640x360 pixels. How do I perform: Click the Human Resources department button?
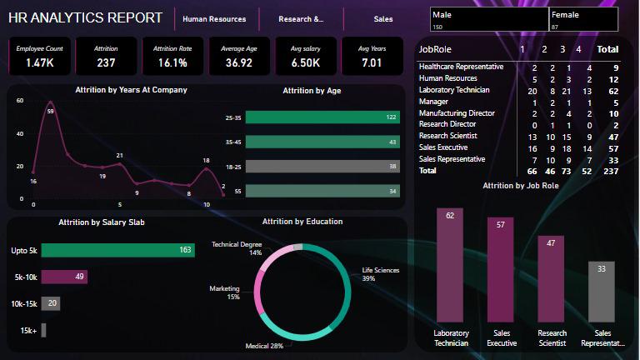pyautogui.click(x=216, y=18)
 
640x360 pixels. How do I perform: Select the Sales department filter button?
pyautogui.click(x=383, y=18)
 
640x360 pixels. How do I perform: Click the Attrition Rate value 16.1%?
pyautogui.click(x=172, y=62)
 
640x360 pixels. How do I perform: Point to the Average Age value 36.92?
pyautogui.click(x=238, y=62)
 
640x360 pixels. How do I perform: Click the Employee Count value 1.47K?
pyautogui.click(x=39, y=62)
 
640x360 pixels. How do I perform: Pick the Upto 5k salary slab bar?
pyautogui.click(x=117, y=250)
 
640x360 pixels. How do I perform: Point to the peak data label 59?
pyautogui.click(x=50, y=111)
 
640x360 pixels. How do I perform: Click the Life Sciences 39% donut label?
pyautogui.click(x=380, y=274)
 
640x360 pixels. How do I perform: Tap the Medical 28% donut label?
pyautogui.click(x=264, y=345)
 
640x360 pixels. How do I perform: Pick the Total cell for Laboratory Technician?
pyautogui.click(x=612, y=89)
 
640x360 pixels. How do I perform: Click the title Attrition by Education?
pyautogui.click(x=302, y=222)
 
